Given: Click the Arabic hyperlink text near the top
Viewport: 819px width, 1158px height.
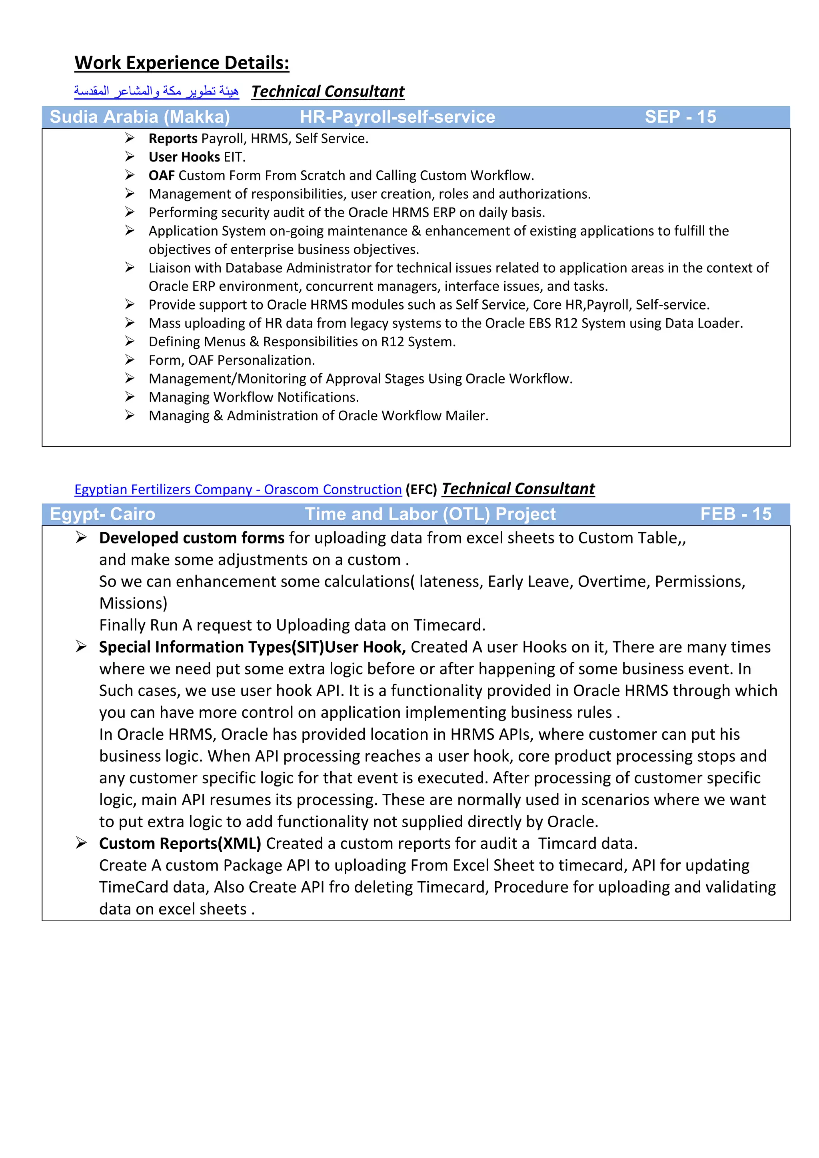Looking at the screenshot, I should [x=156, y=91].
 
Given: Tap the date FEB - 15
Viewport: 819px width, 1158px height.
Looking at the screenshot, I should [x=735, y=514].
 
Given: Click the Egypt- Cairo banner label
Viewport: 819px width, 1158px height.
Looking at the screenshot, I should [x=102, y=514].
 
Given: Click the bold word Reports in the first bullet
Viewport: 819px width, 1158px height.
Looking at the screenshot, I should [x=172, y=139].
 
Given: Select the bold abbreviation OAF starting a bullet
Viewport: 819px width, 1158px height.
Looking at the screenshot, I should [x=162, y=176].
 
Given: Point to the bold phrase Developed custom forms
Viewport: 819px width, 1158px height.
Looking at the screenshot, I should [x=192, y=538].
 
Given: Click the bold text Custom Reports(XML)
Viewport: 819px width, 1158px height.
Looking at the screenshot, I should [x=180, y=844].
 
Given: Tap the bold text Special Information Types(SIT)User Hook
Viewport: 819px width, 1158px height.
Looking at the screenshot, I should [x=252, y=647].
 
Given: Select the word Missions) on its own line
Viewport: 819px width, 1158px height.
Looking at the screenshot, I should [x=133, y=604].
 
